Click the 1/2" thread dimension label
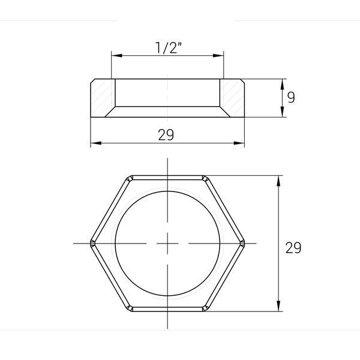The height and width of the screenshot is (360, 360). [x=169, y=48]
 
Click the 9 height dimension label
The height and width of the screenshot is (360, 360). [x=291, y=97]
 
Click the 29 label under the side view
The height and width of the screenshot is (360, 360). [x=166, y=135]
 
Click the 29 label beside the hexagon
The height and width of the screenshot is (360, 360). [x=293, y=248]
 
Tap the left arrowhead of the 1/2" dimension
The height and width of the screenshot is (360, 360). [x=116, y=56]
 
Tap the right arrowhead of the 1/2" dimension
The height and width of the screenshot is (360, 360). [x=218, y=56]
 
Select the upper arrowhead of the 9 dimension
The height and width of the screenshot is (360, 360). [x=283, y=84]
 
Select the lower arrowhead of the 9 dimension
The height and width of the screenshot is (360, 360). [x=283, y=112]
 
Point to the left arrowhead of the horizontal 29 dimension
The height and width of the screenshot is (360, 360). [x=96, y=143]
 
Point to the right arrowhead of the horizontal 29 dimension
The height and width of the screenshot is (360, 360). [x=239, y=143]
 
